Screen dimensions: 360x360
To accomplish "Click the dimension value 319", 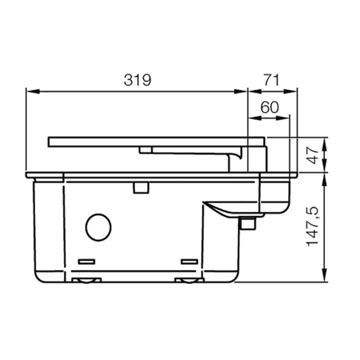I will (x=136, y=80).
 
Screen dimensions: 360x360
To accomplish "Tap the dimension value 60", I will (x=269, y=107).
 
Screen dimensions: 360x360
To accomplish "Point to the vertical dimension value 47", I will (x=312, y=154).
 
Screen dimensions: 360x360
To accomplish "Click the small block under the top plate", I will (x=146, y=149).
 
